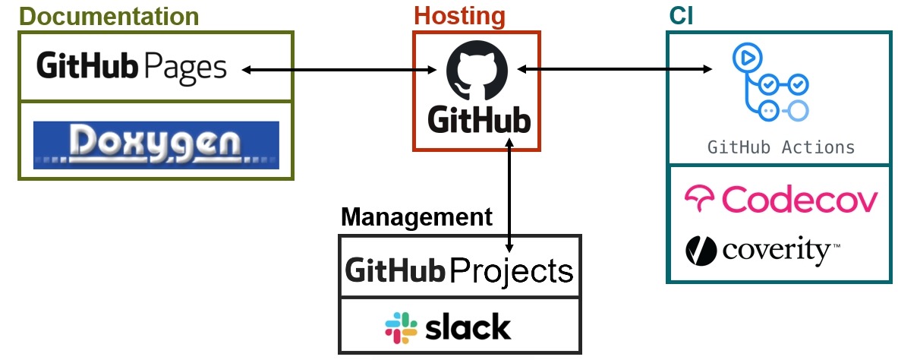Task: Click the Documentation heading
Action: pyautogui.click(x=109, y=17)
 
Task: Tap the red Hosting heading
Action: pyautogui.click(x=459, y=17)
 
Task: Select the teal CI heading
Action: pyautogui.click(x=681, y=17)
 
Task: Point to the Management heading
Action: pyautogui.click(x=416, y=217)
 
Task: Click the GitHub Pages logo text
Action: pyautogui.click(x=132, y=67)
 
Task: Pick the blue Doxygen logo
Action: pyautogui.click(x=156, y=144)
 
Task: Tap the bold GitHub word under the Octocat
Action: pyautogui.click(x=479, y=120)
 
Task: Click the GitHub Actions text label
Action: pyautogui.click(x=781, y=147)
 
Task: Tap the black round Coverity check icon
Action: pyautogui.click(x=701, y=251)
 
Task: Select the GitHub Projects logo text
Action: pyautogui.click(x=458, y=270)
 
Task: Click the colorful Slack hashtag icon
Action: pyautogui.click(x=401, y=328)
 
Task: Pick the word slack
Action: pyautogui.click(x=468, y=327)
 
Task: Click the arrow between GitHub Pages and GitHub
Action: pyautogui.click(x=339, y=70)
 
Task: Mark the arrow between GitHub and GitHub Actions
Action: pyautogui.click(x=615, y=69)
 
